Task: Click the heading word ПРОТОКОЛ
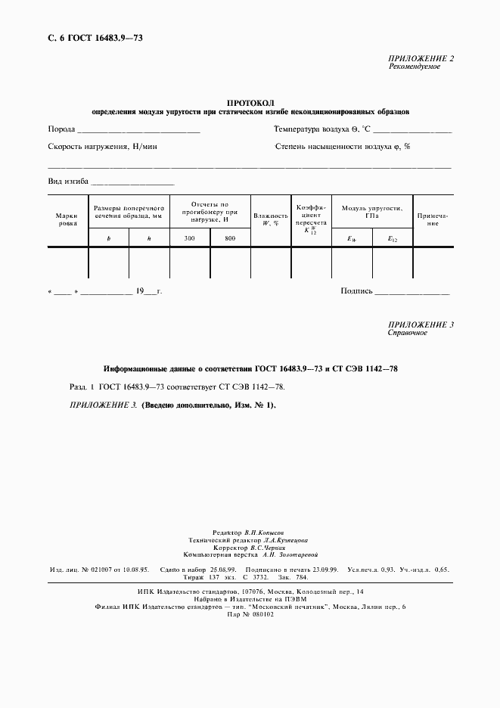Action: [x=250, y=102]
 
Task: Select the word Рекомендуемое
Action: [x=415, y=67]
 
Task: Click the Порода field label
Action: [x=61, y=129]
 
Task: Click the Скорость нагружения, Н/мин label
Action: [x=102, y=147]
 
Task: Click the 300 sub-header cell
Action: [x=189, y=239]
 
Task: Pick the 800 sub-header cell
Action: [x=230, y=239]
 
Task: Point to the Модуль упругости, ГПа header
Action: [x=372, y=211]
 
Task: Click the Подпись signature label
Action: [x=357, y=290]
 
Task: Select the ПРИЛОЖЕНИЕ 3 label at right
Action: [x=421, y=325]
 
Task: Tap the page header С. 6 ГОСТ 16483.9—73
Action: [x=89, y=37]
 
